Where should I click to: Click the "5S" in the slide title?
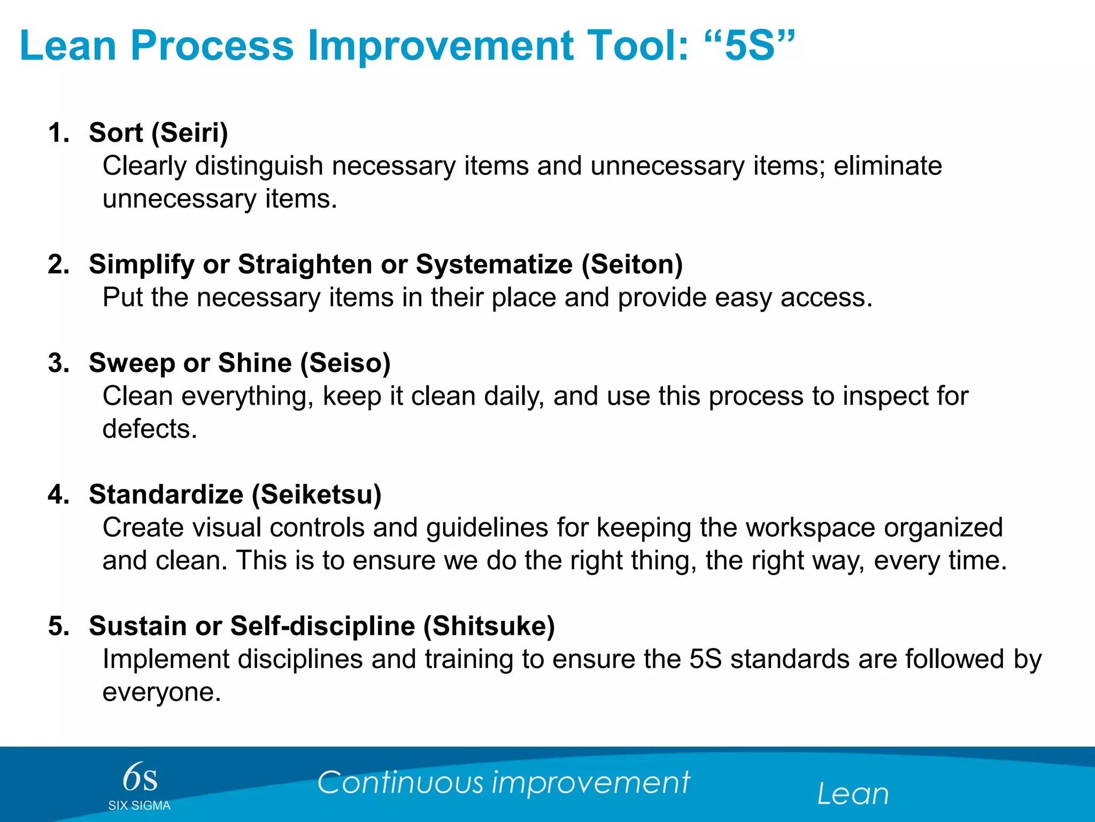click(750, 46)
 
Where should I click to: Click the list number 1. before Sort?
click(59, 133)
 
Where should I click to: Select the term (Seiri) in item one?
click(189, 133)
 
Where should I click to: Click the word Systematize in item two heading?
click(494, 264)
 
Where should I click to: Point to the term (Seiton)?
click(632, 264)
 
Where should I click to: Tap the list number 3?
click(59, 363)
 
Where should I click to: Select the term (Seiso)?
click(345, 363)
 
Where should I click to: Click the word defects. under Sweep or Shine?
click(150, 429)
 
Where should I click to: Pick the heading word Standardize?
click(166, 494)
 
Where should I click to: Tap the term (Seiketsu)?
click(317, 494)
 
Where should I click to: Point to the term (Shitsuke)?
click(489, 626)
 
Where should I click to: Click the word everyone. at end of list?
click(161, 692)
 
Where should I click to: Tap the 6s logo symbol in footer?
click(140, 777)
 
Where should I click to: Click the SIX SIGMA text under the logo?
click(139, 806)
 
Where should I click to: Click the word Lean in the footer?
click(852, 794)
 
